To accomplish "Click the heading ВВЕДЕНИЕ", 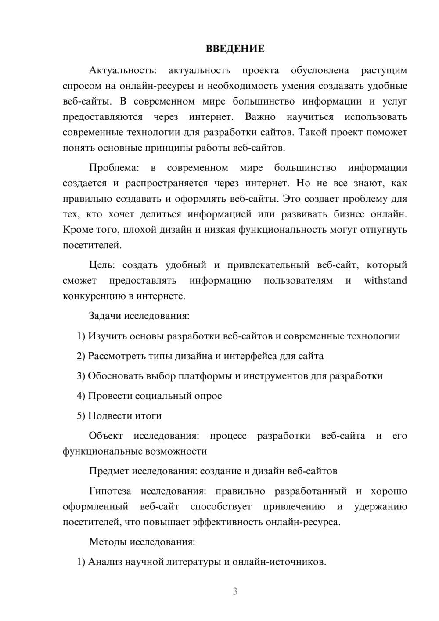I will click(x=235, y=49).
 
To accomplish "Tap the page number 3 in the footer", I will click(x=235, y=591).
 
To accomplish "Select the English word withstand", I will click(x=385, y=280).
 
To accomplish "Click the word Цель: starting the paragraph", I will click(x=102, y=265).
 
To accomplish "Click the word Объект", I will click(x=106, y=436).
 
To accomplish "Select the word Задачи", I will click(x=105, y=316).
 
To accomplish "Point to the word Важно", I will click(x=260, y=117).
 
